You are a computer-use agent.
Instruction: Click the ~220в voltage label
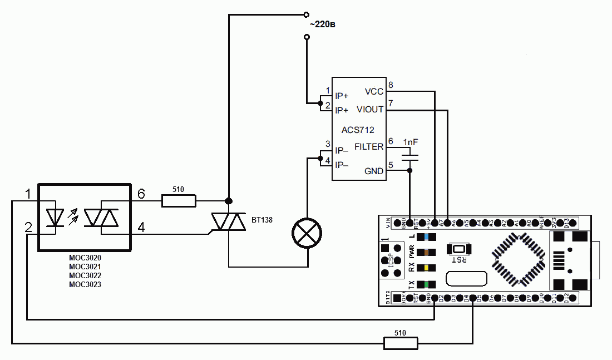323,25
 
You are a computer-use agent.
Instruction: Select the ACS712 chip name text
358,130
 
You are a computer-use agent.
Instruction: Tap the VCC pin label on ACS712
374,91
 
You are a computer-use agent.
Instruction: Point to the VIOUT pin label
370,110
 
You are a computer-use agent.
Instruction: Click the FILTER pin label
368,147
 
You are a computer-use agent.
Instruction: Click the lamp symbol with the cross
307,232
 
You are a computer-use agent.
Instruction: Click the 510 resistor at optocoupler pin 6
179,201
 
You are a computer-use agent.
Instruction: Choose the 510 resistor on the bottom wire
401,343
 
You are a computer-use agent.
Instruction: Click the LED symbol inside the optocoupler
56,217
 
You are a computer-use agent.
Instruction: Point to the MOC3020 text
85,258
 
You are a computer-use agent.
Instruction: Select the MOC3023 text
85,284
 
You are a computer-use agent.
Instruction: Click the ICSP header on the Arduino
391,260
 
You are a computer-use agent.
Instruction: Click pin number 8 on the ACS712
391,85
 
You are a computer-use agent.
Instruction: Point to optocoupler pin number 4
141,227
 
